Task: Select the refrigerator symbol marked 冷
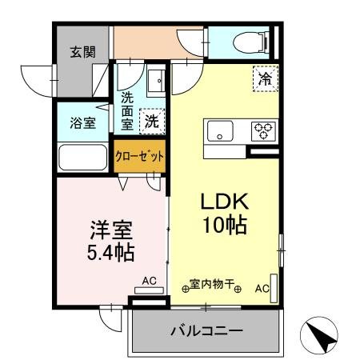[266, 78]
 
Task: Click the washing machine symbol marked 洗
[151, 122]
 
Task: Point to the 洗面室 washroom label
[128, 111]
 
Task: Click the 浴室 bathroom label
[82, 123]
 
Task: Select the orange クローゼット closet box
[140, 155]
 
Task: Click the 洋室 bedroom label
[110, 228]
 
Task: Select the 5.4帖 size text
[110, 253]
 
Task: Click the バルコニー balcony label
[205, 330]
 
